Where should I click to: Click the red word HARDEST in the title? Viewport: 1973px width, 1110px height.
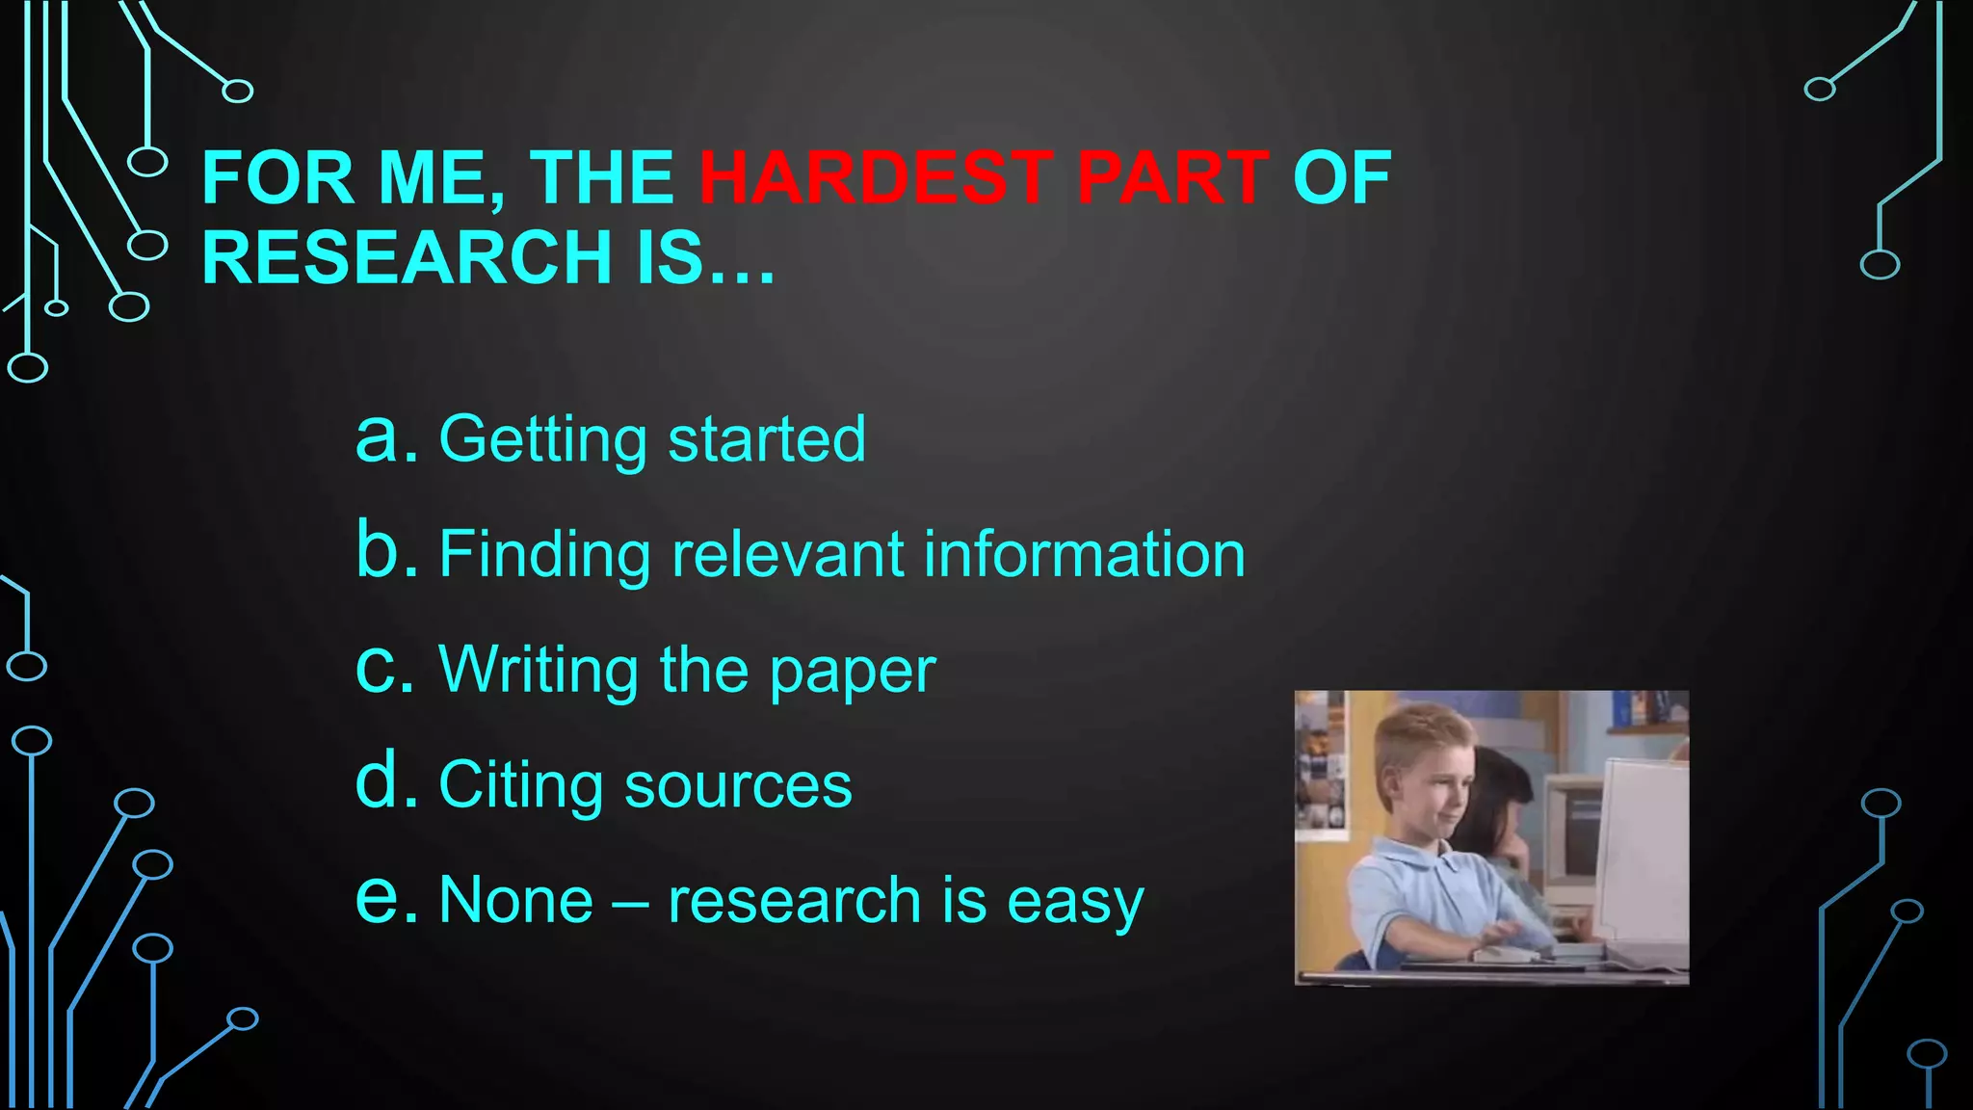tap(875, 178)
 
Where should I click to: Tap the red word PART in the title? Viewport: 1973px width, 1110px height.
tap(1172, 178)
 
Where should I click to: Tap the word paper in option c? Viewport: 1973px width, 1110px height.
tap(853, 672)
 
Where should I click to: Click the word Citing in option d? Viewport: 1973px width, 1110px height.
tap(521, 785)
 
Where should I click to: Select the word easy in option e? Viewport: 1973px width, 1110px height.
tap(1075, 903)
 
